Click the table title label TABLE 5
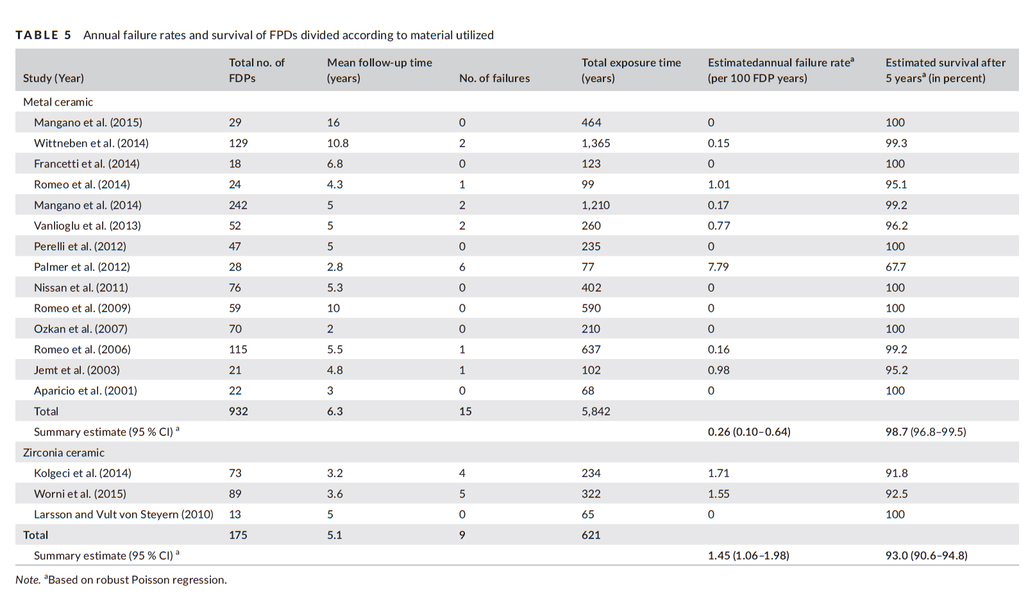click(x=44, y=35)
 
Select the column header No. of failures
click(x=494, y=78)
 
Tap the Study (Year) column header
click(x=53, y=78)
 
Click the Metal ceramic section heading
click(x=58, y=102)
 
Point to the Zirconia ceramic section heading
click(x=63, y=453)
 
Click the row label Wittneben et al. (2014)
click(x=91, y=143)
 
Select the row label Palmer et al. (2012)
click(x=81, y=267)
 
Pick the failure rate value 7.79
click(x=718, y=267)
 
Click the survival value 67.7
click(x=896, y=267)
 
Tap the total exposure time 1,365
click(x=596, y=143)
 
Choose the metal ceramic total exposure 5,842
click(x=596, y=412)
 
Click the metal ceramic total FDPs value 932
click(x=238, y=412)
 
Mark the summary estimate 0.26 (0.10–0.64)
click(x=749, y=432)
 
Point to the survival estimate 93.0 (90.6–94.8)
click(x=927, y=556)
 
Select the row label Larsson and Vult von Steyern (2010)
click(x=124, y=515)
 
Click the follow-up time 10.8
click(x=338, y=143)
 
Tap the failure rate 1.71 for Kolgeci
click(x=718, y=473)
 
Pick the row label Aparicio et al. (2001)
click(x=85, y=390)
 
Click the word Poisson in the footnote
click(x=147, y=580)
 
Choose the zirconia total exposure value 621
click(x=591, y=535)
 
